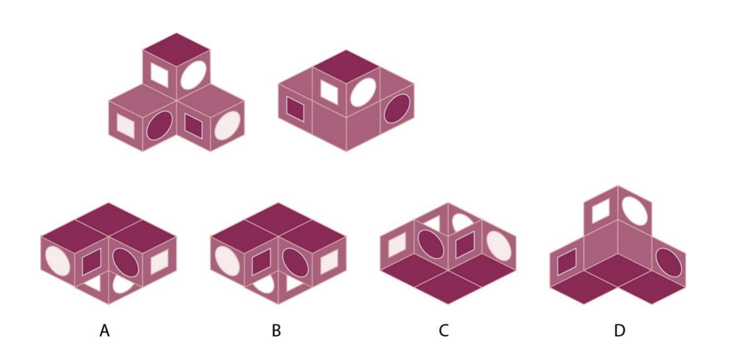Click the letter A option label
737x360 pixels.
(105, 330)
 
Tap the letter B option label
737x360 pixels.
(276, 330)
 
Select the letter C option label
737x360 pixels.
(444, 330)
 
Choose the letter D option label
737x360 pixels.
(619, 330)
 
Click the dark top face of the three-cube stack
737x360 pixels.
(176, 49)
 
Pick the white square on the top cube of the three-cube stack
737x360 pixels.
(160, 74)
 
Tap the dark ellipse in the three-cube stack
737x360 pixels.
(160, 125)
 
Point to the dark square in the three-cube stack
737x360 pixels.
(193, 126)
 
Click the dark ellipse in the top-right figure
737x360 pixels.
(397, 109)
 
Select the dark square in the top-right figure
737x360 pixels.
(295, 109)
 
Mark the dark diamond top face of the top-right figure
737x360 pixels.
(346, 67)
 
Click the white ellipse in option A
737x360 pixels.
(57, 261)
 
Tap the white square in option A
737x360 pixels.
(159, 262)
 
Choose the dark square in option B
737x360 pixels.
(261, 262)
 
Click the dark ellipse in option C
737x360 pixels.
(431, 244)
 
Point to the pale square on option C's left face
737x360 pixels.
(397, 245)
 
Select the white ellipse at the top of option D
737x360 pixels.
(635, 211)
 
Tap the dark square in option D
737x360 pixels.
(567, 262)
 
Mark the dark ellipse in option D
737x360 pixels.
(669, 263)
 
